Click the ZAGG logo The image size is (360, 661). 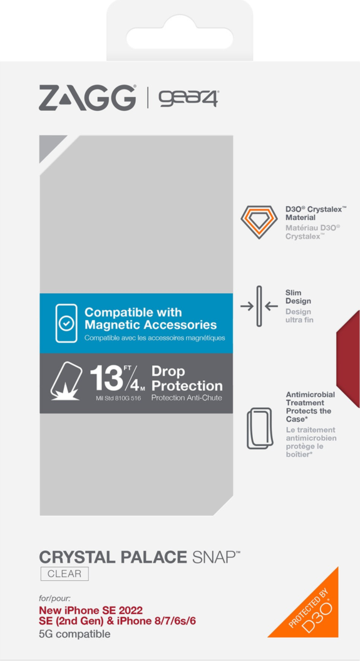[x=88, y=98]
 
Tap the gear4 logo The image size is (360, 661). [x=187, y=98]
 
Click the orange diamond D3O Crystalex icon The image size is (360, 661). [x=259, y=221]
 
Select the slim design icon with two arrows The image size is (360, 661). [x=259, y=306]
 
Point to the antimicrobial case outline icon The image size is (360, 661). [x=259, y=428]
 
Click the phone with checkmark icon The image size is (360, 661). [x=66, y=323]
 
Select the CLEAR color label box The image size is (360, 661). [x=64, y=574]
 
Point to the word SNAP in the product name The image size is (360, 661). [x=212, y=556]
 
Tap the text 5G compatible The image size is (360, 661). [x=75, y=634]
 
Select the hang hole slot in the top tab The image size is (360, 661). [x=180, y=33]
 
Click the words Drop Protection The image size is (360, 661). [x=187, y=378]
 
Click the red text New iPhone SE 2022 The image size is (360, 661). [x=91, y=610]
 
